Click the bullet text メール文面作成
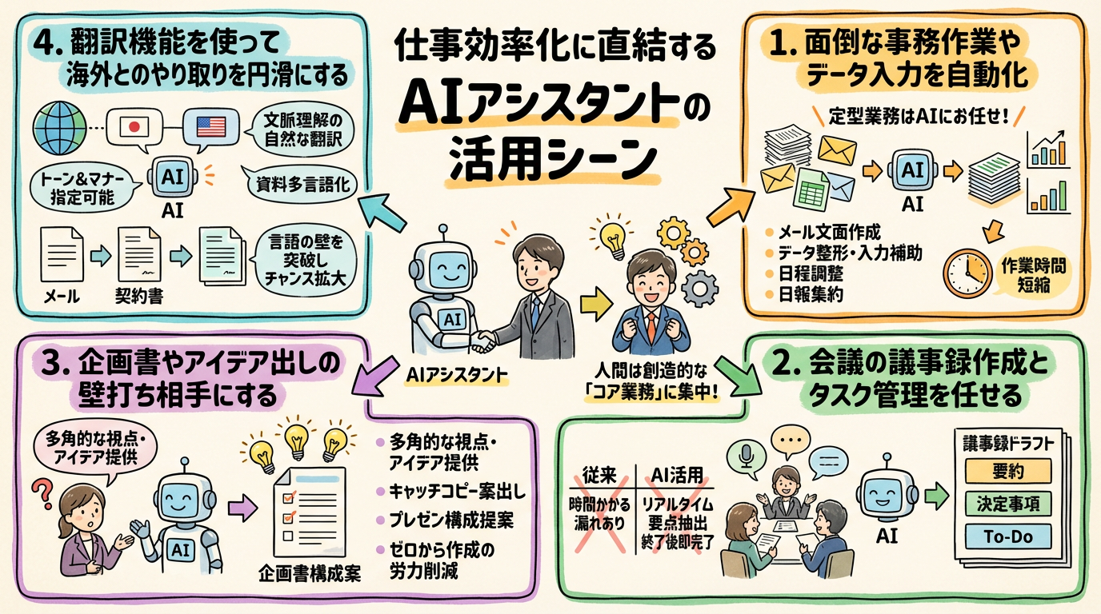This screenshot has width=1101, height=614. pyautogui.click(x=827, y=233)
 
